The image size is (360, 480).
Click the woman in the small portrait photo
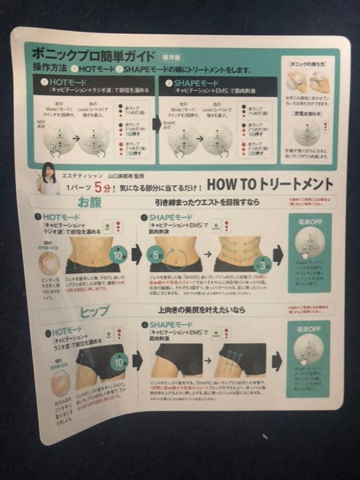coord(49,177)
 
